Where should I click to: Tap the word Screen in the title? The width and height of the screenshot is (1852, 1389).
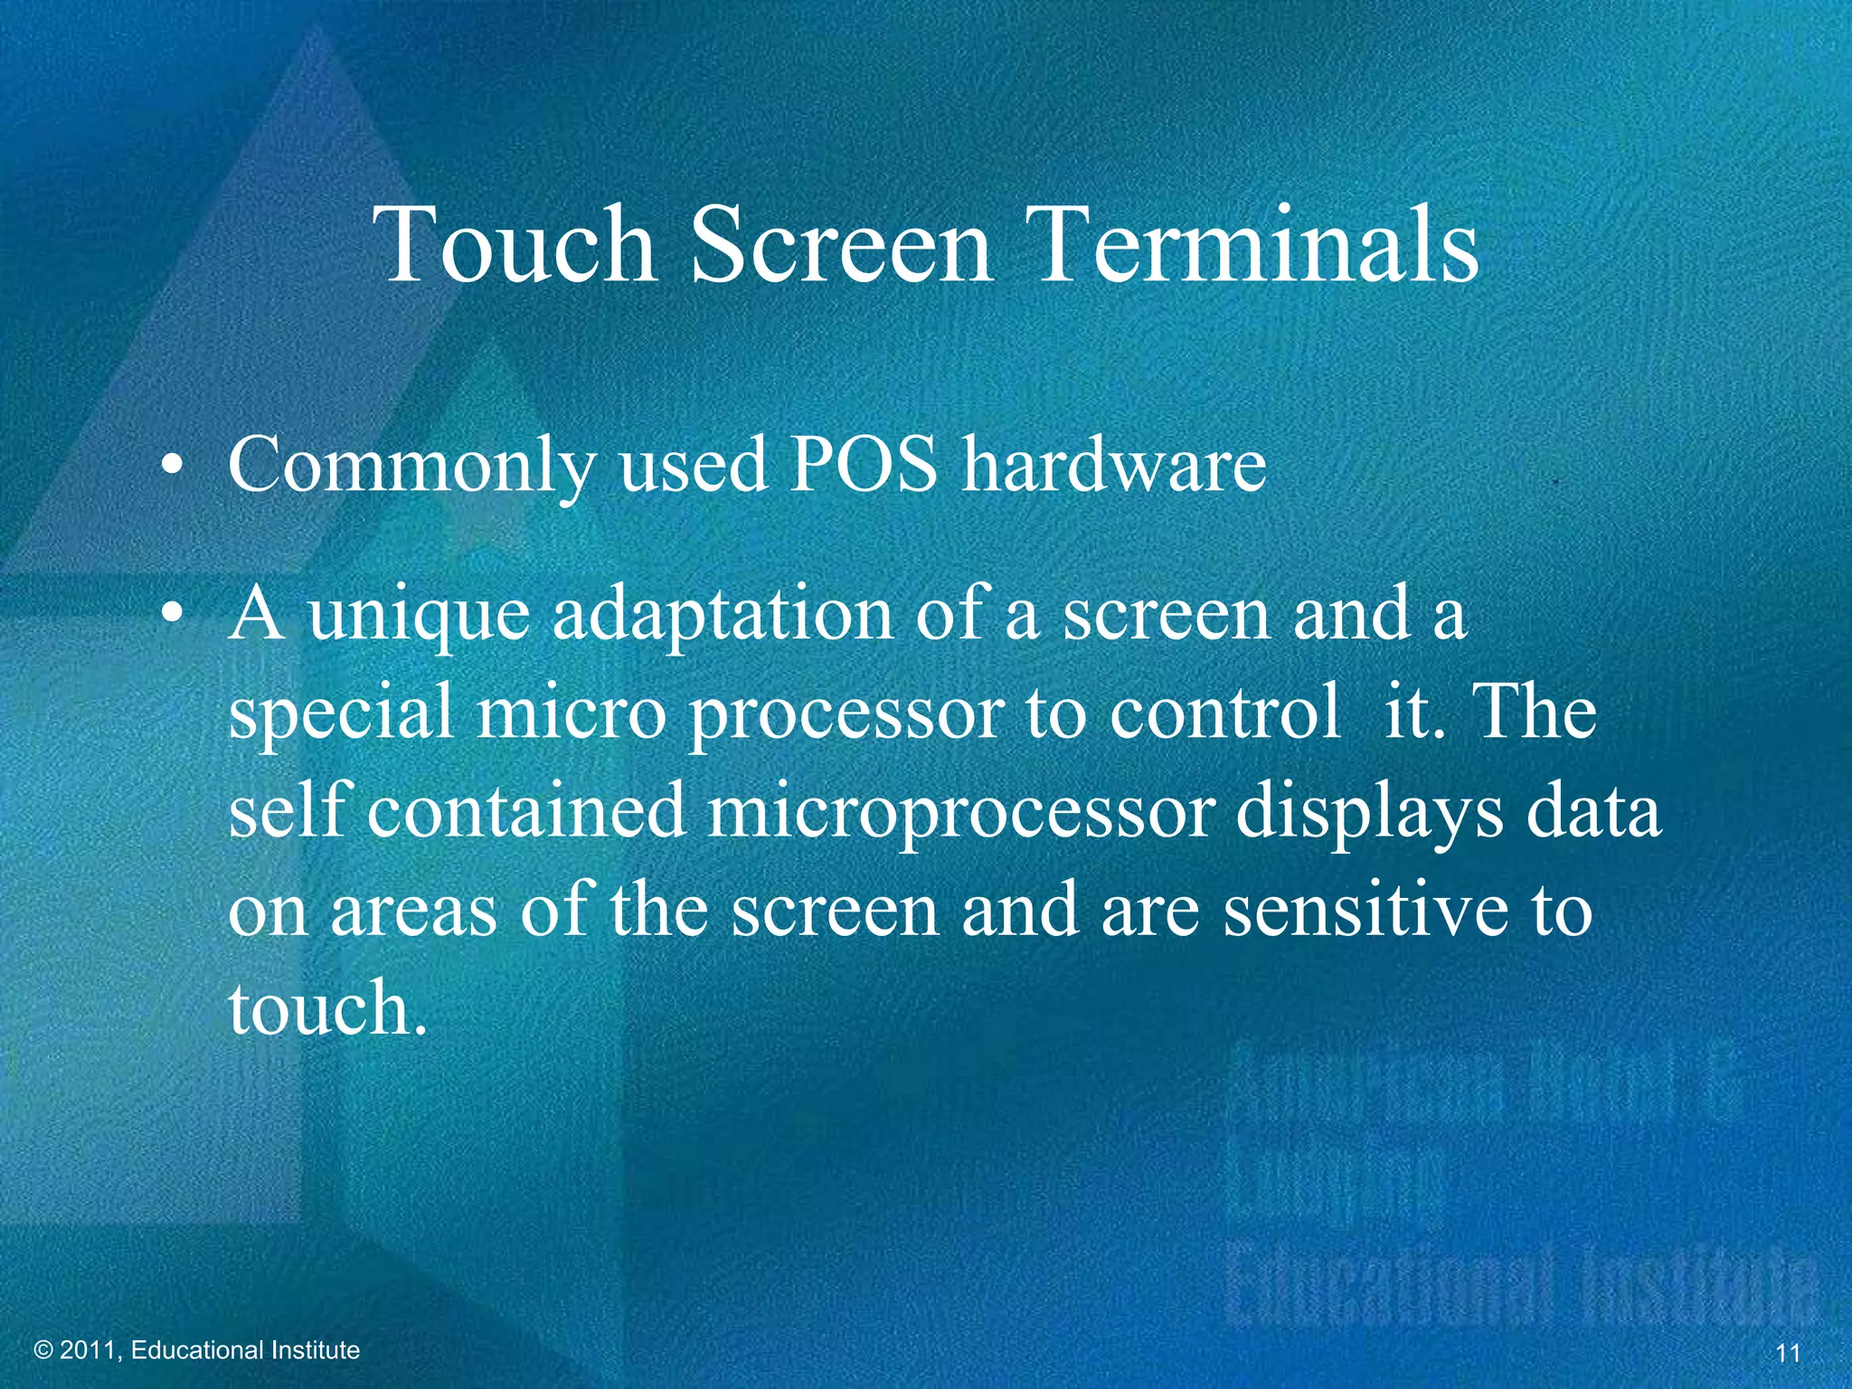pyautogui.click(x=842, y=244)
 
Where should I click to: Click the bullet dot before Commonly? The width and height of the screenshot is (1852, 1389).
pyautogui.click(x=171, y=468)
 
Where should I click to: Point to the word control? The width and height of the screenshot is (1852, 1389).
pyautogui.click(x=1225, y=712)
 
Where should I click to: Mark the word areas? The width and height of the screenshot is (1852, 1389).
pyautogui.click(x=413, y=912)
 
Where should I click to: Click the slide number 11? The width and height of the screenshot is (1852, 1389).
pyautogui.click(x=1788, y=1353)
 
